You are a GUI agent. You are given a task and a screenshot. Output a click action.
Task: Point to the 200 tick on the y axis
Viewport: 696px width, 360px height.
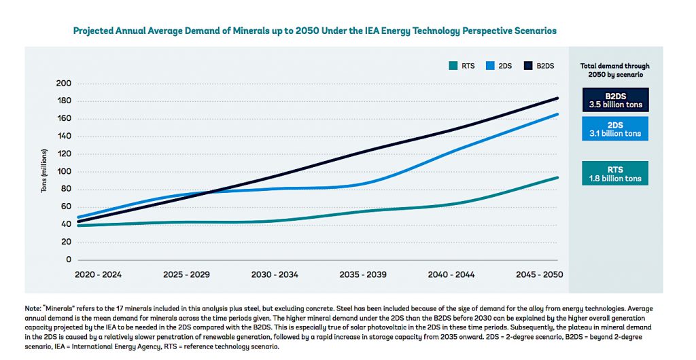click(x=63, y=84)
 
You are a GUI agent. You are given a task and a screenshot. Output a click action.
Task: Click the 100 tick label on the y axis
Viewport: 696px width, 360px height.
click(x=63, y=171)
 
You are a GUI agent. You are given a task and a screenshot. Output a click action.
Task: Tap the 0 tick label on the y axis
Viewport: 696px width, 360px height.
click(x=68, y=259)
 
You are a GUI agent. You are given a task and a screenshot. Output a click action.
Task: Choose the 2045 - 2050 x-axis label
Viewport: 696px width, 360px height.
click(x=540, y=274)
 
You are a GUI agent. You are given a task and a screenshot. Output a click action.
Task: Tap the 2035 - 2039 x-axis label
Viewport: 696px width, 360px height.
click(x=363, y=274)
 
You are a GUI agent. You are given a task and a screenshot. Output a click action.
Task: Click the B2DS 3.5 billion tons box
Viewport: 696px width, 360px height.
click(x=614, y=100)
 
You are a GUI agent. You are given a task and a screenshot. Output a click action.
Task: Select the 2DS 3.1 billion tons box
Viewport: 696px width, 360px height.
click(x=614, y=129)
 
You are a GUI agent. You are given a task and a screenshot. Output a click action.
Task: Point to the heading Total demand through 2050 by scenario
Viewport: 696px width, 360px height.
click(x=614, y=70)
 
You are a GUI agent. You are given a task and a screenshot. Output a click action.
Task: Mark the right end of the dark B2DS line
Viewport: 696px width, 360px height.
click(x=558, y=98)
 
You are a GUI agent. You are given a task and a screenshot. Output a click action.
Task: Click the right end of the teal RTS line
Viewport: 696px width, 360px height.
click(x=558, y=177)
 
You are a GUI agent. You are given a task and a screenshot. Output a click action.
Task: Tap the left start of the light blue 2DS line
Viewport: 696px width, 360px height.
click(x=78, y=217)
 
